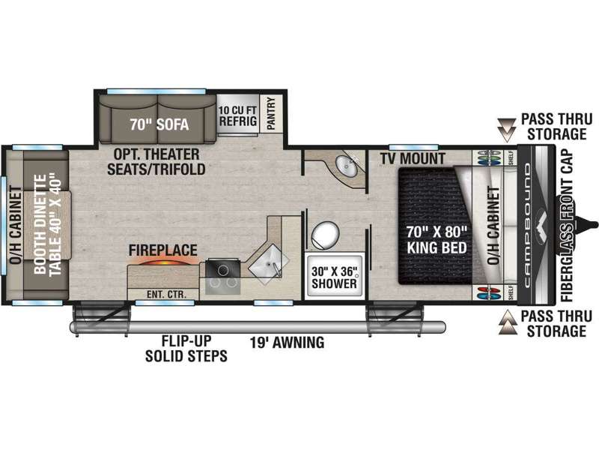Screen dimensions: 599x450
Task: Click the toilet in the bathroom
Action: [325, 235]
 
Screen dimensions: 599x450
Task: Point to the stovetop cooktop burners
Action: [222, 277]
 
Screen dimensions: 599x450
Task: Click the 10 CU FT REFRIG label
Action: [237, 116]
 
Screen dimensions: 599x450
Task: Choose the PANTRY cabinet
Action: [271, 113]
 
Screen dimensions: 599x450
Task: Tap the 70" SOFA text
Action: [159, 124]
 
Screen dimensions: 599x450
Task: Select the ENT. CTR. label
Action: [166, 295]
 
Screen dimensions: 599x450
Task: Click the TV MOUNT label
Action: [413, 158]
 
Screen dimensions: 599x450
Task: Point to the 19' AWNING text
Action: [288, 342]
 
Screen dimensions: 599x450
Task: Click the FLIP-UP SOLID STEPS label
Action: [186, 348]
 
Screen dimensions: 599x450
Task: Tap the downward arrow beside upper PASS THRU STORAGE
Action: [508, 130]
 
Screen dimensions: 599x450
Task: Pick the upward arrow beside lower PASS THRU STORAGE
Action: [508, 322]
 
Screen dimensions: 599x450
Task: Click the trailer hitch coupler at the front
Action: [586, 224]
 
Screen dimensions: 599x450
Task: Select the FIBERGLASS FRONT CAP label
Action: [568, 225]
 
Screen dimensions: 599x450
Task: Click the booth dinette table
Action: [48, 224]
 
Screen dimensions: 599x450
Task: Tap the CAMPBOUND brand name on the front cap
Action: [528, 225]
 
